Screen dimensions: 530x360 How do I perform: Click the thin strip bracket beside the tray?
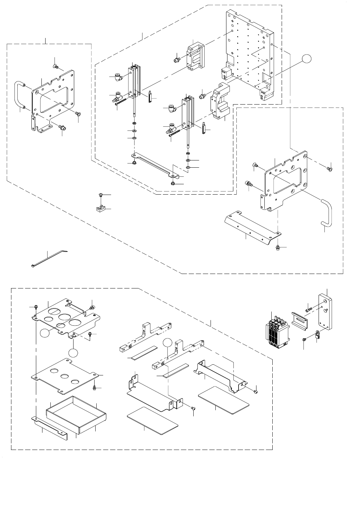[x=50, y=426]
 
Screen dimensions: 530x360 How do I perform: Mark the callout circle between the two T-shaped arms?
[x=167, y=343]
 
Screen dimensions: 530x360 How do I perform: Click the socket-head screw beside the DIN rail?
[x=309, y=305]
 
